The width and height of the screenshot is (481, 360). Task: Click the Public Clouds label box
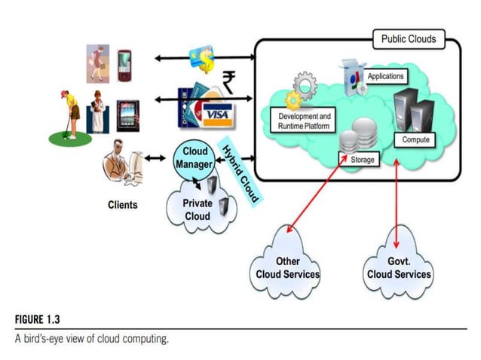point(408,38)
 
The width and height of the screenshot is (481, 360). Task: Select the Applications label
point(385,76)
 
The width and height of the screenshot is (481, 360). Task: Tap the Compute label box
point(415,140)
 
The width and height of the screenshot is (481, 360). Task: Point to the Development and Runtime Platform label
point(304,121)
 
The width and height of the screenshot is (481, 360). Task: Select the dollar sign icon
point(203,58)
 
